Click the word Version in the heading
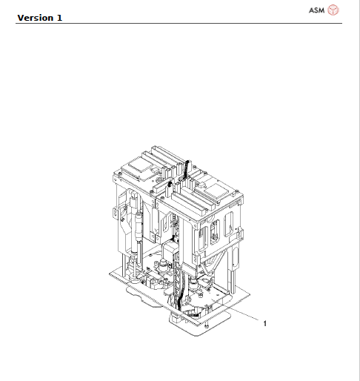pos(36,17)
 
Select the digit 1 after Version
pos(59,17)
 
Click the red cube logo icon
pos(333,10)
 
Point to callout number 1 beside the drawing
pos(264,323)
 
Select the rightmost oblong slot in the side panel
pos(230,229)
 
